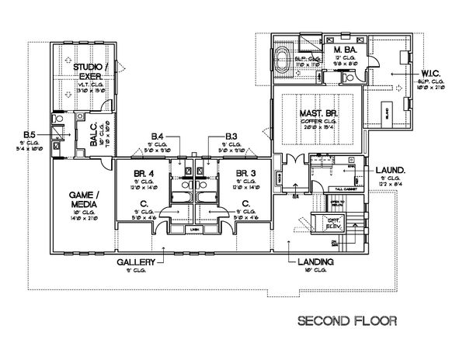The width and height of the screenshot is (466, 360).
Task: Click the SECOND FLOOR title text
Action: tap(347, 319)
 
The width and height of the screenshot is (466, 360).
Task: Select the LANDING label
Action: tap(316, 262)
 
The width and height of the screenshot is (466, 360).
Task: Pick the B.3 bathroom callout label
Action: tap(231, 137)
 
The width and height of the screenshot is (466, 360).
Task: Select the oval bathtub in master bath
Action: tap(283, 59)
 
